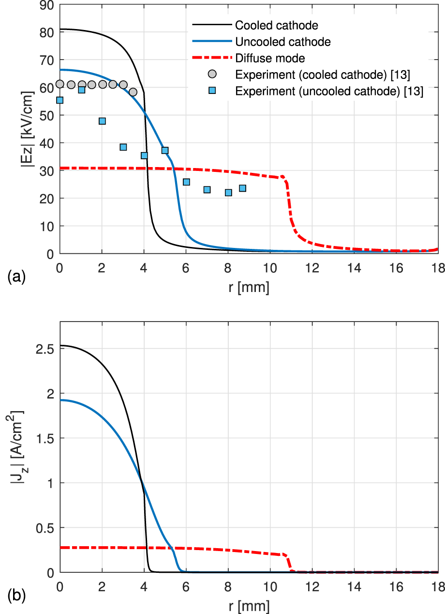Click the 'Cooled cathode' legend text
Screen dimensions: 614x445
click(x=276, y=25)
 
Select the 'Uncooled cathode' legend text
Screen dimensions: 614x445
click(x=283, y=42)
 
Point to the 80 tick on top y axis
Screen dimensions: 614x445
click(x=46, y=32)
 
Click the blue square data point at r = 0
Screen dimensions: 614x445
click(x=60, y=100)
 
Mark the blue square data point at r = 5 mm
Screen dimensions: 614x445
click(x=165, y=151)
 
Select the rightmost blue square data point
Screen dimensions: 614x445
click(x=242, y=188)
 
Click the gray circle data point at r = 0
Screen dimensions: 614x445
click(x=60, y=84)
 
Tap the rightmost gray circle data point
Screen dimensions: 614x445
click(x=133, y=92)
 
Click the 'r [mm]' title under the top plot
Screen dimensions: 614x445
click(x=249, y=287)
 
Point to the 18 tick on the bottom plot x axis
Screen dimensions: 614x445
click(x=438, y=585)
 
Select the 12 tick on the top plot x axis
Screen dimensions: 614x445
click(x=312, y=266)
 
